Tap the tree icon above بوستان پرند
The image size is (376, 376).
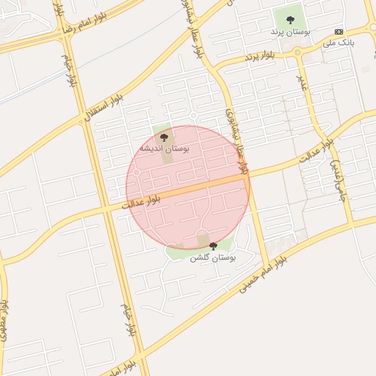[x=290, y=21]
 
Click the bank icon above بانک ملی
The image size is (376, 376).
[x=339, y=32]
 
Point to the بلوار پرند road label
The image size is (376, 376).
[x=262, y=56]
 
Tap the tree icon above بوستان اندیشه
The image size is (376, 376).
[x=164, y=137]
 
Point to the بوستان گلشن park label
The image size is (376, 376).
[x=212, y=258]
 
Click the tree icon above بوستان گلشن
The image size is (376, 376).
[x=213, y=246]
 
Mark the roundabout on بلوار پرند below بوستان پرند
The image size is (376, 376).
[x=297, y=51]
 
